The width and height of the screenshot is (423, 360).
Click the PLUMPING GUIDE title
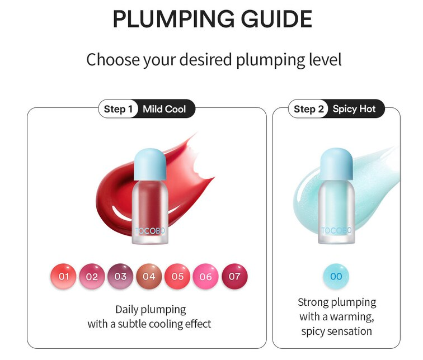(212, 19)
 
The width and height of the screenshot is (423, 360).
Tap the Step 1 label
(118, 109)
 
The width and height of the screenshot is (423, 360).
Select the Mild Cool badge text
(164, 109)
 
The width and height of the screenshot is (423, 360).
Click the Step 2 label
(309, 109)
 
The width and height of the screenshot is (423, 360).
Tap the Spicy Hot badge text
(354, 109)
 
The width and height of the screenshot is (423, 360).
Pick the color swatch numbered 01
(63, 276)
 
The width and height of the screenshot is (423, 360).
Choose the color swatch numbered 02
(92, 276)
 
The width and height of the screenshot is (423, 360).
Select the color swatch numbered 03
(120, 276)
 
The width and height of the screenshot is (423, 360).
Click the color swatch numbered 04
(149, 276)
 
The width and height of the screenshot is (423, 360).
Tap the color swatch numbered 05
(177, 276)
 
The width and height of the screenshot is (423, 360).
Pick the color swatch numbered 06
(206, 276)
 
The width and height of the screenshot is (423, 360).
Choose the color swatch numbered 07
(234, 276)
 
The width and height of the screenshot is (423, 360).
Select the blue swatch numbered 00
(336, 276)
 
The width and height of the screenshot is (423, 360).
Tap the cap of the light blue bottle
(336, 161)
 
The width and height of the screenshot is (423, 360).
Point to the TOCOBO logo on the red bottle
(150, 230)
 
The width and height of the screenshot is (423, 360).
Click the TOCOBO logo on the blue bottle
(336, 230)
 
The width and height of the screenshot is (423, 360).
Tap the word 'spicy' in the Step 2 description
(317, 331)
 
